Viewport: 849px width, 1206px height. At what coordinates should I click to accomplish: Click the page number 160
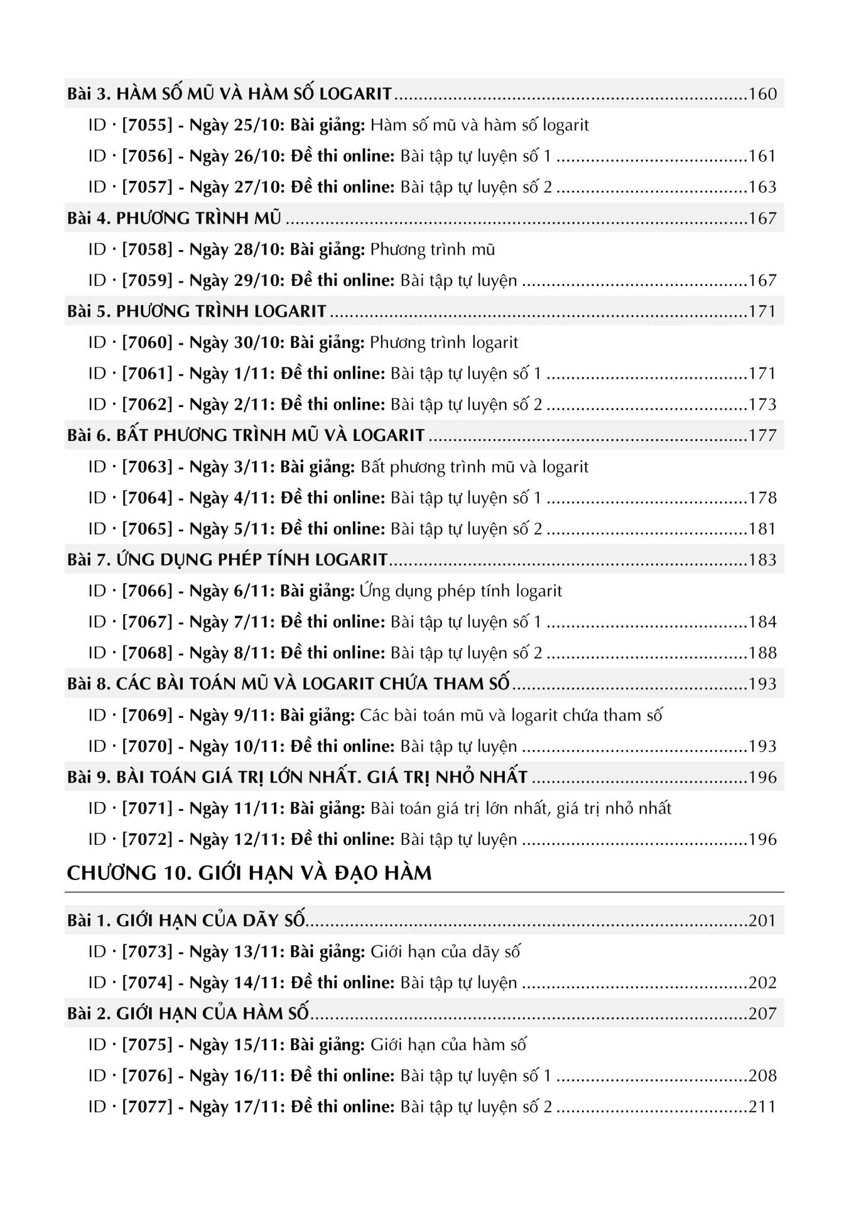(x=762, y=94)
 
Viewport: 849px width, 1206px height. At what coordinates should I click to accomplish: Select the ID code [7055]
(x=147, y=125)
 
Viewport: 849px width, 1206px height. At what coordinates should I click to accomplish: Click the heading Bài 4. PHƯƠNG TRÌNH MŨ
(x=174, y=219)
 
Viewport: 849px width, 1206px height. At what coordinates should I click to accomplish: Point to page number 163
(x=762, y=187)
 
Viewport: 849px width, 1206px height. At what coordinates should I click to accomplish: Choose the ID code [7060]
(x=147, y=342)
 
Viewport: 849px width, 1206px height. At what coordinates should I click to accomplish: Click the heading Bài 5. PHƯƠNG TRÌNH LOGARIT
(x=197, y=312)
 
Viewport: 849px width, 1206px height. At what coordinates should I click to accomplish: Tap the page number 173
(x=762, y=405)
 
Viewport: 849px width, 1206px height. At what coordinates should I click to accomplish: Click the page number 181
(x=762, y=529)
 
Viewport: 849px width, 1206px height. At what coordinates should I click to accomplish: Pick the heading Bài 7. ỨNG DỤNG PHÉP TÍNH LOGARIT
(x=227, y=560)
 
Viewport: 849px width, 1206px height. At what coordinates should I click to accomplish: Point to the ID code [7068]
(x=147, y=653)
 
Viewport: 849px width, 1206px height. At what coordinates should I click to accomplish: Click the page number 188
(x=762, y=653)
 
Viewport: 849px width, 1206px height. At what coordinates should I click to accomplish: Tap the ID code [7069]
(x=147, y=715)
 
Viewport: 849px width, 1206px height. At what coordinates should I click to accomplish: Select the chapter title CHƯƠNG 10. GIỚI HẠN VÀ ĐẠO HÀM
(x=249, y=873)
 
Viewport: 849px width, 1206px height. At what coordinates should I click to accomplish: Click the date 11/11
(x=259, y=808)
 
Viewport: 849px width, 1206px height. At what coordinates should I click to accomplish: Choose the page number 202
(x=762, y=983)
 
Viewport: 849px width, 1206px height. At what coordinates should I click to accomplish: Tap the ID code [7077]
(x=147, y=1107)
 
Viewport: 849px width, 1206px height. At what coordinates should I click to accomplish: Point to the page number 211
(x=762, y=1107)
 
